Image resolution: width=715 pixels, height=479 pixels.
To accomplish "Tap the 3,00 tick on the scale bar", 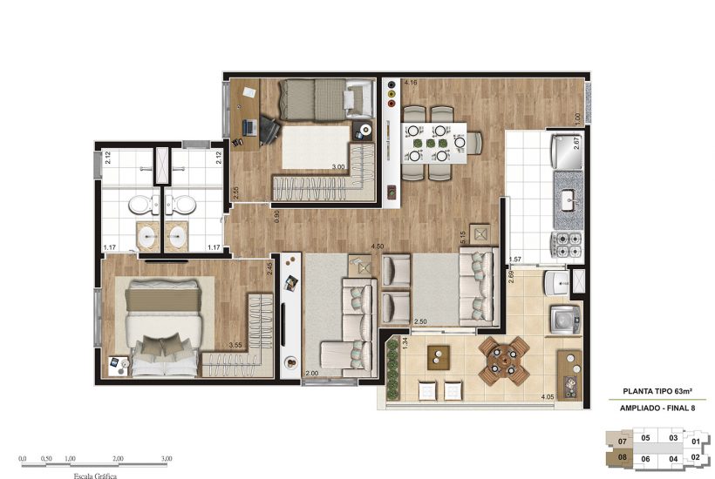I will (167, 458).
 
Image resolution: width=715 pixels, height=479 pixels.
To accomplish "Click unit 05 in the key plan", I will (645, 439).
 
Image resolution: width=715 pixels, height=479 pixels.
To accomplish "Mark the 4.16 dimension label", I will (411, 84).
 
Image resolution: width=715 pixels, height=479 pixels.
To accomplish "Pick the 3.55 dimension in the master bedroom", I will (235, 345).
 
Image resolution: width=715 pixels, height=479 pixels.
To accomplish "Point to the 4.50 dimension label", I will (377, 246).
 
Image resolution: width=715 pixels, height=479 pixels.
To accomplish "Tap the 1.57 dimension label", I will (515, 260).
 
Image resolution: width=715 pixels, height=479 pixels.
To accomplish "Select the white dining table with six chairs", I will (433, 142).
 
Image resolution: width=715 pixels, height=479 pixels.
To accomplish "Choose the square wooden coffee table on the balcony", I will (438, 355).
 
